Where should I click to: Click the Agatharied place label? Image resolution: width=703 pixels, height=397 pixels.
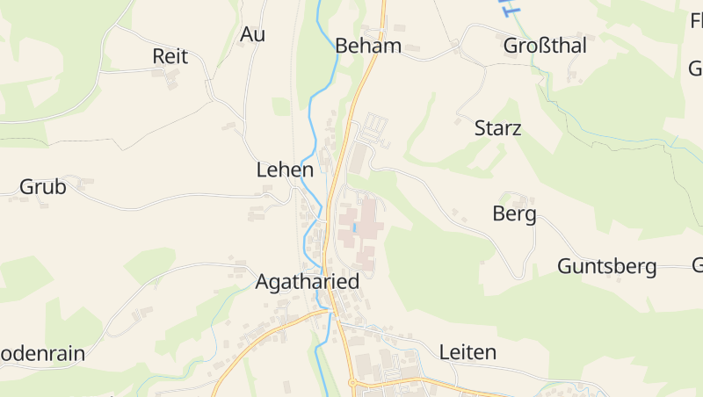pos(308,282)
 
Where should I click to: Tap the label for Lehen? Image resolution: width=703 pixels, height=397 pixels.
pos(285,170)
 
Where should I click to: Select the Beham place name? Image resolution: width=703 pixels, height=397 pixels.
pos(368,46)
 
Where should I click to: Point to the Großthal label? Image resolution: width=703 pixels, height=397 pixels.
pos(545,46)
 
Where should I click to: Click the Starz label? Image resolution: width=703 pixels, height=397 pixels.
pos(497,128)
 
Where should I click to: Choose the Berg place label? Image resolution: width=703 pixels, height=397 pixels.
pos(514,214)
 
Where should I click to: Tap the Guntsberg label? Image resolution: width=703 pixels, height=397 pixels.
pos(606,266)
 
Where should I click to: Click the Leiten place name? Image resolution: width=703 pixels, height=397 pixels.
pos(467,352)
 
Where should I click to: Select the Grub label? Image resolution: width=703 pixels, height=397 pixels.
pos(43,186)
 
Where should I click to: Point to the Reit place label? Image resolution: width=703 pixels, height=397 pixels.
pos(170,56)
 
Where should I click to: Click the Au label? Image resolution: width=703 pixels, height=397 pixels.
pos(252,34)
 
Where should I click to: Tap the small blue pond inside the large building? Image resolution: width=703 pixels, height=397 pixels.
pos(355,227)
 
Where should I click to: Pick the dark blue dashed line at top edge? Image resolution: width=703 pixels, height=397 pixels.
pos(508,8)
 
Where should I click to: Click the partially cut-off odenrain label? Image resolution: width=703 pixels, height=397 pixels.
pos(42,354)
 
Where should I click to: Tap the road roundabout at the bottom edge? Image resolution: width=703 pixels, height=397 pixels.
pos(352,383)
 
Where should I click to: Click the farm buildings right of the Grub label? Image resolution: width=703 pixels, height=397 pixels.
pos(85,184)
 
